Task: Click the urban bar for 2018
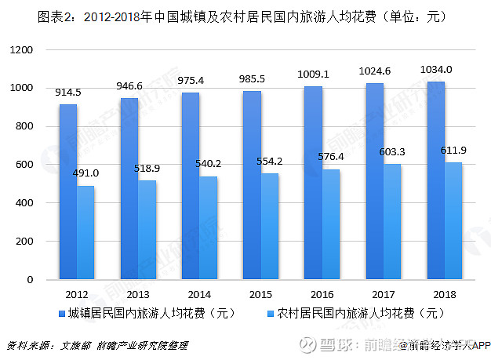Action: pos(436,180)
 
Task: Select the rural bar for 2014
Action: pos(209,227)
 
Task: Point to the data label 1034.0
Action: pos(437,70)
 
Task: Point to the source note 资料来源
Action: pos(97,345)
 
